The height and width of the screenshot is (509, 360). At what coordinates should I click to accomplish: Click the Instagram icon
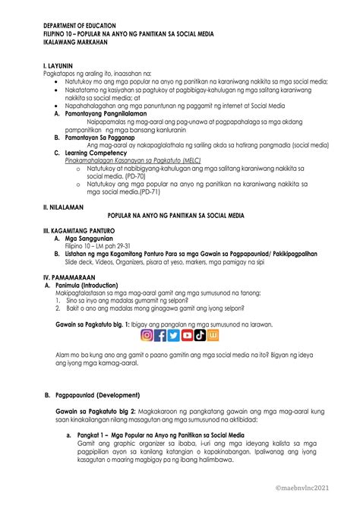(147, 335)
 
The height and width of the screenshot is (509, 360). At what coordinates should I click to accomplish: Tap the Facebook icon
(161, 335)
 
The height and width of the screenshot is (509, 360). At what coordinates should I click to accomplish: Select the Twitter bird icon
(175, 335)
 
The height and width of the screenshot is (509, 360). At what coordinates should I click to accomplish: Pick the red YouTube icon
(188, 335)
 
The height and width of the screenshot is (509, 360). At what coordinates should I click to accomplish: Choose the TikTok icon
(201, 335)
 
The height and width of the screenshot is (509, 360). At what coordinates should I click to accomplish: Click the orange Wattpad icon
(213, 335)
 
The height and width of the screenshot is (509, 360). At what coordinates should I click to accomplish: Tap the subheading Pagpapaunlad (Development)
(101, 395)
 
